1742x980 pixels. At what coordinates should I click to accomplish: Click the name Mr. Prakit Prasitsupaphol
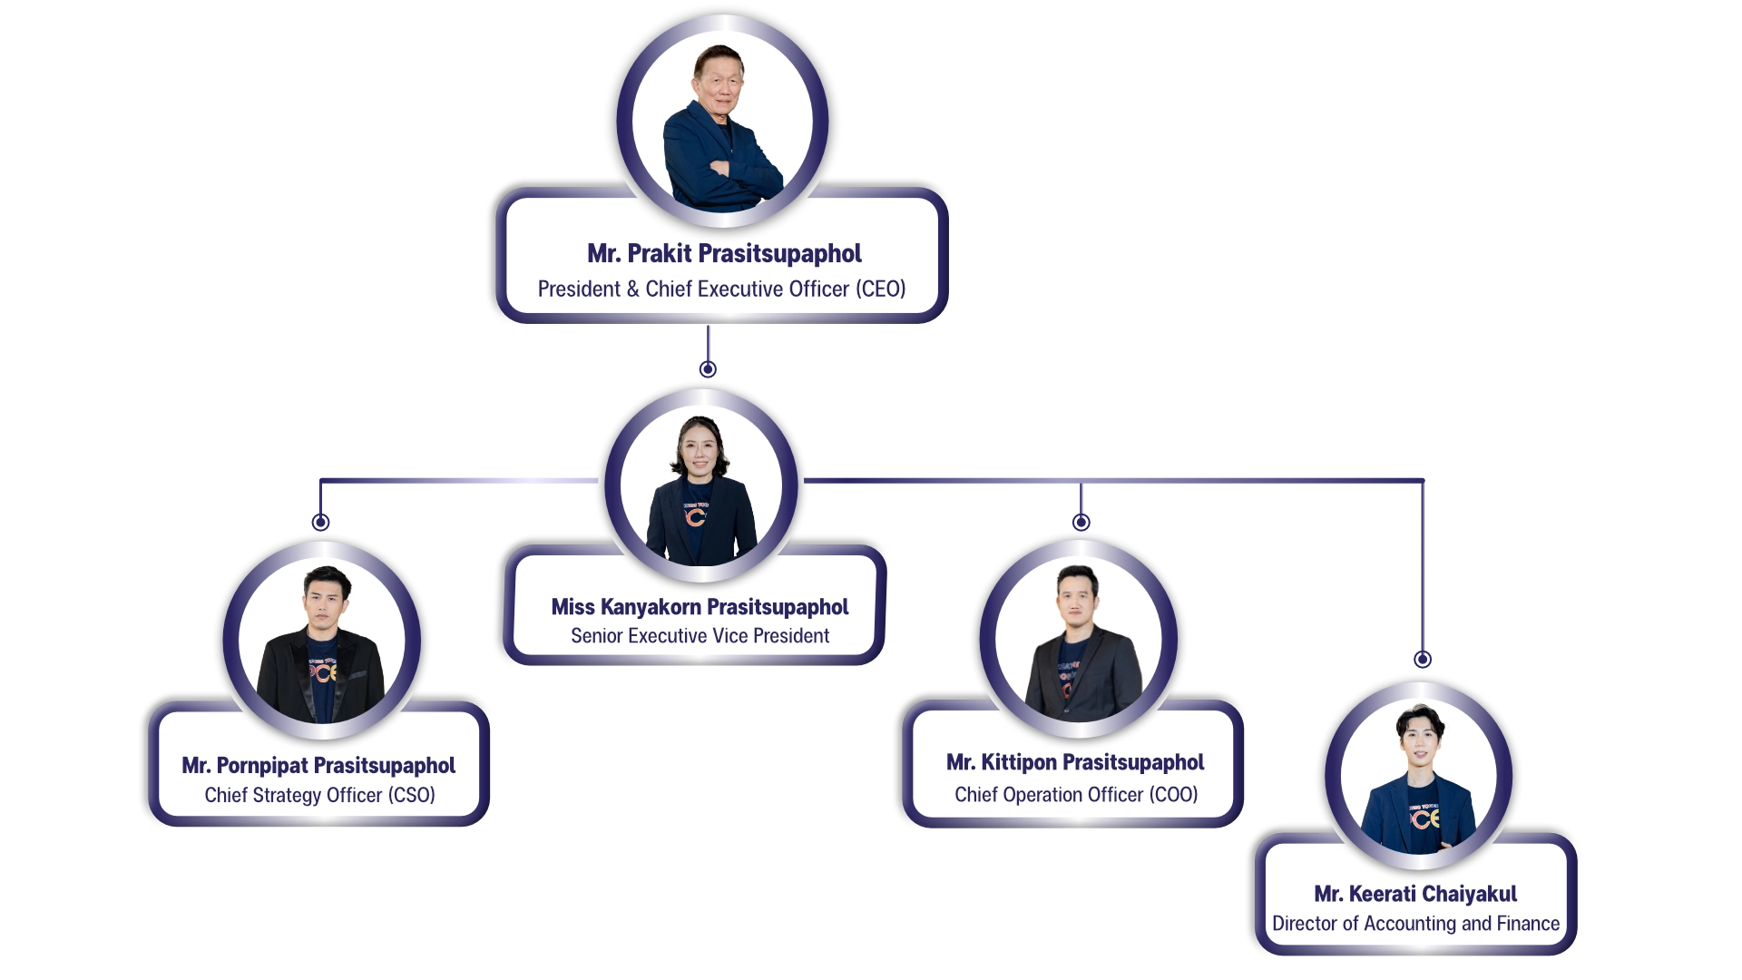(724, 254)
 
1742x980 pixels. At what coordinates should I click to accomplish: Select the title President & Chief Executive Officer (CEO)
(721, 289)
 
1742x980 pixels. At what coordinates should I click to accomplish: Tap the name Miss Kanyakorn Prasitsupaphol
(700, 607)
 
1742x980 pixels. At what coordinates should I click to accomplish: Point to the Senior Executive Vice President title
(700, 636)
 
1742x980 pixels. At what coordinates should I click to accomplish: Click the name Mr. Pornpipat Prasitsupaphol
(318, 766)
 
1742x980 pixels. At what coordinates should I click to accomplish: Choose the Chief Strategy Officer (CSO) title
(319, 796)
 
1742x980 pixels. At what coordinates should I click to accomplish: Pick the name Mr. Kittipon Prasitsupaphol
(1075, 762)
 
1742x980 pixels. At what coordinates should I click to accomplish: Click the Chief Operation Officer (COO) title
(1076, 795)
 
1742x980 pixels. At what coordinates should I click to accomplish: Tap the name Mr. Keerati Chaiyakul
(1415, 895)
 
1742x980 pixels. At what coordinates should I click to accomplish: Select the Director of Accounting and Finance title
(1415, 924)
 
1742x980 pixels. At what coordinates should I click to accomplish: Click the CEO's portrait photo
(722, 122)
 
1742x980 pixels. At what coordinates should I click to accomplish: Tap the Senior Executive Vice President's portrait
(700, 485)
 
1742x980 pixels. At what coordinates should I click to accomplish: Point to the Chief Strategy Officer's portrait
(321, 640)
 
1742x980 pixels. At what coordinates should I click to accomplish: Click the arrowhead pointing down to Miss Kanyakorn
(708, 367)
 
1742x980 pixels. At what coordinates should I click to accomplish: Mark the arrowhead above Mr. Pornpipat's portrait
(318, 523)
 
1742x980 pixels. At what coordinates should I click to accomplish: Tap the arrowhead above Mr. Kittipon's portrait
(1080, 522)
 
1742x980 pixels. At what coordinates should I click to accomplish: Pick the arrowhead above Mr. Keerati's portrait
(1423, 660)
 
